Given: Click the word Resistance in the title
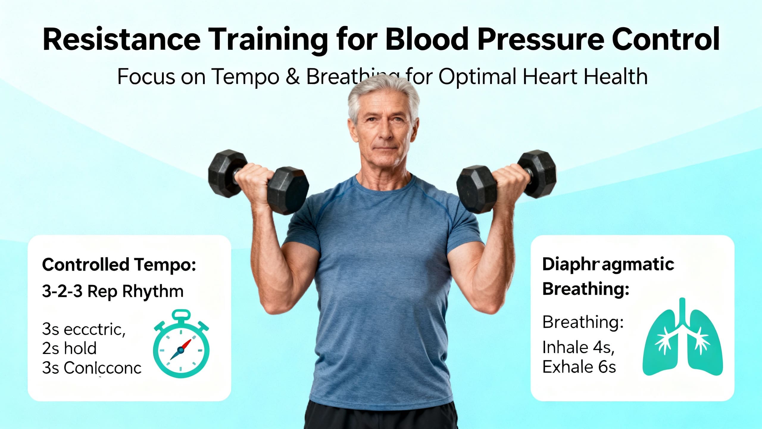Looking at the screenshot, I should click(x=121, y=40).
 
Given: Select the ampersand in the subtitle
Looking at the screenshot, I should click(x=293, y=77).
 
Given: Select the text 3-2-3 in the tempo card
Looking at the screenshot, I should click(x=62, y=291).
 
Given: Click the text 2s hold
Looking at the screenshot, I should click(x=69, y=348).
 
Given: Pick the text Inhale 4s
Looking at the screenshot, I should click(x=578, y=347).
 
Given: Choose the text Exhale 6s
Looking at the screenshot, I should click(x=579, y=367).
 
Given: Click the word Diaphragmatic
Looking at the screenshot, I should click(x=608, y=264).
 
